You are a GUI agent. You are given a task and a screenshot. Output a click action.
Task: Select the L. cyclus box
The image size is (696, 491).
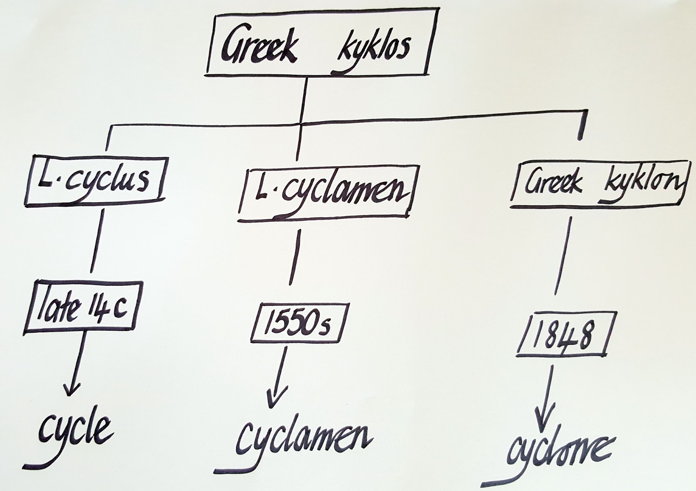coord(96,179)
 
